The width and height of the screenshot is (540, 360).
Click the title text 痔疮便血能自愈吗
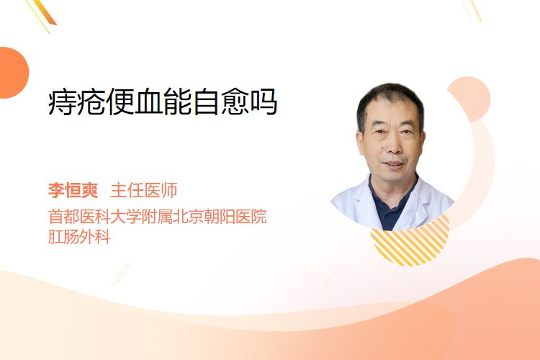click(163, 102)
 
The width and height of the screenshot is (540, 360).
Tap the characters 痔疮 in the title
click(76, 102)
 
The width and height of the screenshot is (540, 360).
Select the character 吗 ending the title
click(264, 102)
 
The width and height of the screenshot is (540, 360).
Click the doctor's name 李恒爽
click(73, 190)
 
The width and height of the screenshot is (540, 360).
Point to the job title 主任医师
click(144, 190)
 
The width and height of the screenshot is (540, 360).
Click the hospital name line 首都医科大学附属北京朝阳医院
click(158, 216)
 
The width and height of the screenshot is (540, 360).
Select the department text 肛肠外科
click(79, 237)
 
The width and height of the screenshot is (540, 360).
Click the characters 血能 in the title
click(163, 102)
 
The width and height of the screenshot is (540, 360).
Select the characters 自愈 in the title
click(220, 102)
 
